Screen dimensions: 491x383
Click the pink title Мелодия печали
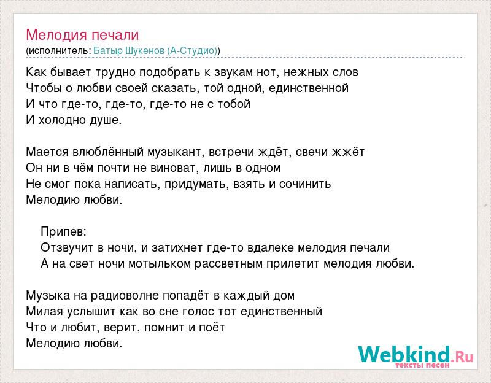pos(82,35)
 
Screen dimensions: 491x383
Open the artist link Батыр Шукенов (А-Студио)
pos(155,51)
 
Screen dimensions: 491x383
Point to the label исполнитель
pos(58,51)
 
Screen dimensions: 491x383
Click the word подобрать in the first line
pos(170,72)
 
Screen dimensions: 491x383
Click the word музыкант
pos(176,152)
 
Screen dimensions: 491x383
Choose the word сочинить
pos(304,184)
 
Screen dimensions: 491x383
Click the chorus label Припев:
pos(63,232)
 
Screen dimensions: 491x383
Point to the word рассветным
pos(228,264)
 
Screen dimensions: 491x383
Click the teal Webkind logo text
pos(404,355)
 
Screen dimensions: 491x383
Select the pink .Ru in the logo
pos(463,357)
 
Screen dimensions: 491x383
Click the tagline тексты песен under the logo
pos(422,365)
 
